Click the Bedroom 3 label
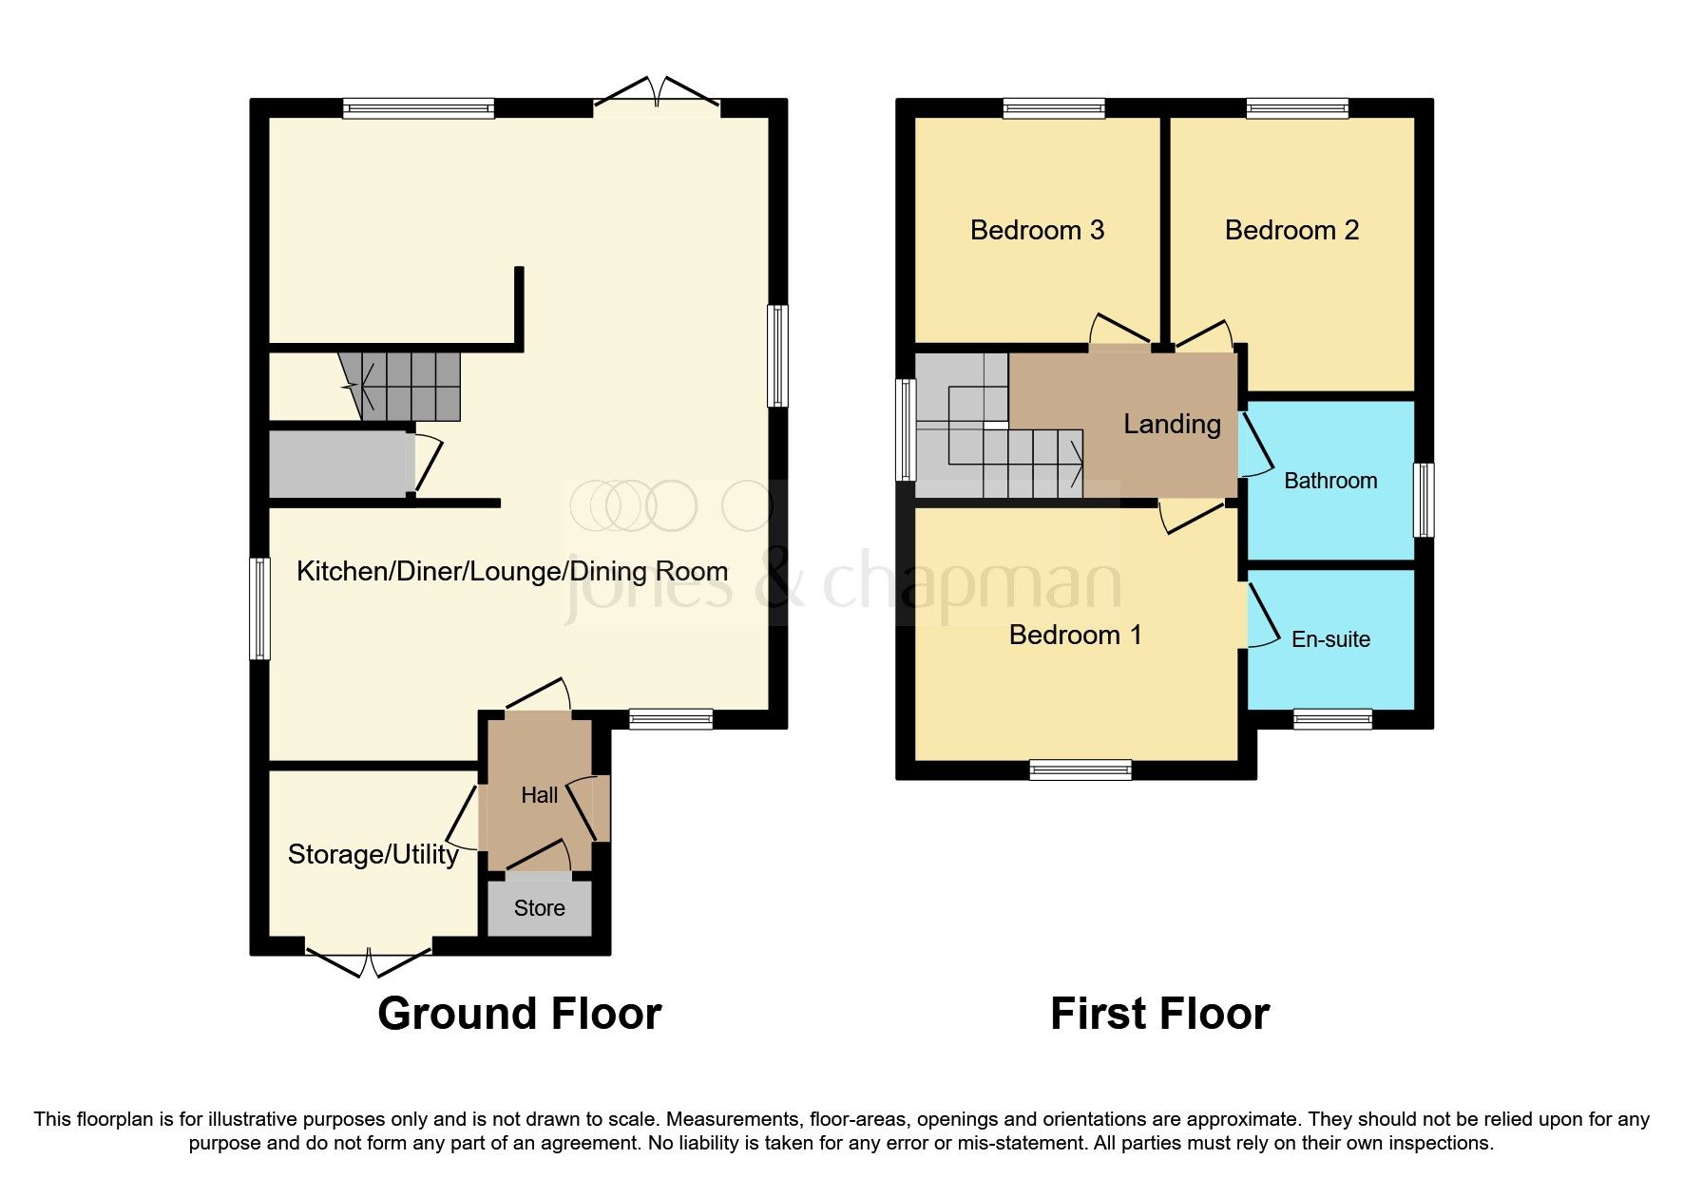click(x=1037, y=230)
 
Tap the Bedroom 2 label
click(x=1291, y=230)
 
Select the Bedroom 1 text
click(x=1075, y=635)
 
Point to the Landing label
click(x=1172, y=424)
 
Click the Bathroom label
click(x=1329, y=481)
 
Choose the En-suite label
click(x=1330, y=639)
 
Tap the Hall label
click(x=539, y=795)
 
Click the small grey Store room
click(x=539, y=908)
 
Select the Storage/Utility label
click(x=373, y=854)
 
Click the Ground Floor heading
click(x=519, y=1014)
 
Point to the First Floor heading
click(x=1159, y=1014)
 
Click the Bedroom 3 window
click(x=1054, y=108)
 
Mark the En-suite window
click(x=1332, y=719)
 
